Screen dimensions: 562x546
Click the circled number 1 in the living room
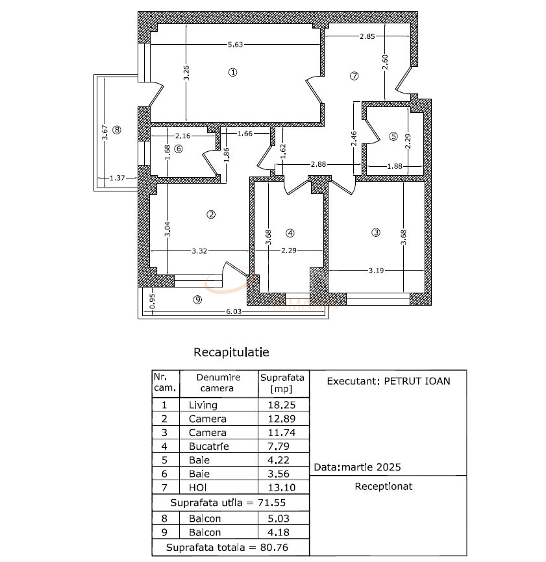233,72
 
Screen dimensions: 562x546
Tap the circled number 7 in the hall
354,75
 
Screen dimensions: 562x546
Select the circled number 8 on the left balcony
117,129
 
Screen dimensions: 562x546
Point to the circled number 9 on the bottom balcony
198,299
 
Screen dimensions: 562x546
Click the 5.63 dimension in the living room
235,45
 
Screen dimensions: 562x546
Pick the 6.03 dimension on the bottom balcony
233,312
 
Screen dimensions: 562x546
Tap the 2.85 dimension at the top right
367,36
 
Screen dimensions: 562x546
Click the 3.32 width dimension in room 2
200,252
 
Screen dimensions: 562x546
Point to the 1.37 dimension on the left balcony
118,177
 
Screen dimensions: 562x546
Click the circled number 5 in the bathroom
393,136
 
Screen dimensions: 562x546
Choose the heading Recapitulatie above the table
231,352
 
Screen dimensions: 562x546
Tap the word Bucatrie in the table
208,446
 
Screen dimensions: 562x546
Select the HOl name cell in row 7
198,487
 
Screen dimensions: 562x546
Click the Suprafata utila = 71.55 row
228,502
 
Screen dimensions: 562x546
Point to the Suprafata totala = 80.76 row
228,548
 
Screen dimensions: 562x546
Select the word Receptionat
384,486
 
